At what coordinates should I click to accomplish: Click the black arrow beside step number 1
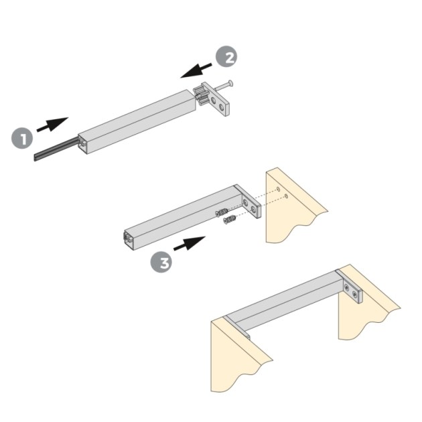point(52,124)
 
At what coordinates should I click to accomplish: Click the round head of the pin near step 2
point(230,84)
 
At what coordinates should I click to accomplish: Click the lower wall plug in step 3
point(230,220)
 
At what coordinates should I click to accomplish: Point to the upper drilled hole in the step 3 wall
point(277,190)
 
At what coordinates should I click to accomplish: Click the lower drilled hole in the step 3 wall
point(287,196)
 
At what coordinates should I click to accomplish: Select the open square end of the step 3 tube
point(127,237)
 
